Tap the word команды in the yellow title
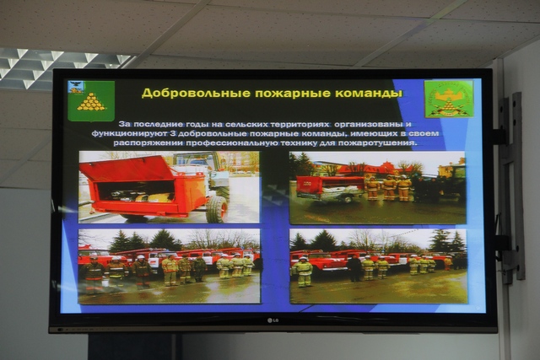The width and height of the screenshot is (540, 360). click(x=369, y=94)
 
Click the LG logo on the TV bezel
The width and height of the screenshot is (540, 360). click(x=273, y=320)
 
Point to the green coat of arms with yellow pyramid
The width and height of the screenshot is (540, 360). click(x=91, y=101)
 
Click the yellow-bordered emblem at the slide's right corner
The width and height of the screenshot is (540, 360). click(x=449, y=99)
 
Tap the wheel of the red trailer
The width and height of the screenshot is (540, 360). click(x=218, y=209)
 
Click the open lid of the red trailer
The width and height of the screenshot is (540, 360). click(x=127, y=168)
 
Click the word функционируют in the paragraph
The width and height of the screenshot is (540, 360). click(x=129, y=133)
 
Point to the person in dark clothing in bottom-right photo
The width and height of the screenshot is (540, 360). click(x=354, y=268)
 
